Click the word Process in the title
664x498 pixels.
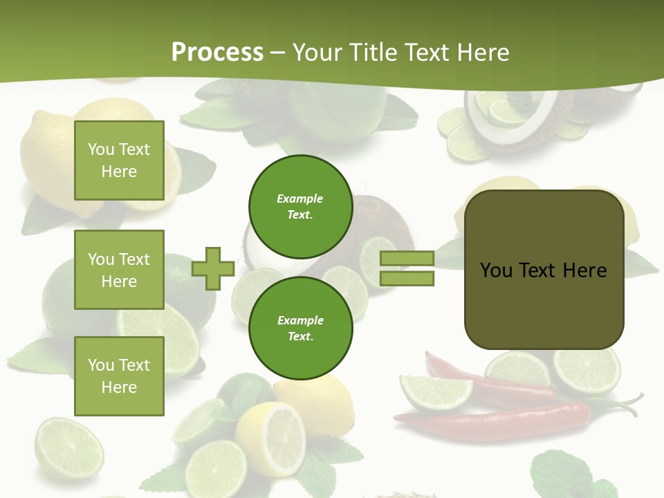coord(217,52)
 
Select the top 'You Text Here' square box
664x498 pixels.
coord(119,160)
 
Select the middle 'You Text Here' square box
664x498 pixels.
coord(119,270)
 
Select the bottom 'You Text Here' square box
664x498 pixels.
coord(119,376)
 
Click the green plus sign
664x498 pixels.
coord(213,268)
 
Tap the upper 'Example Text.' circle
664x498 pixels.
coord(300,206)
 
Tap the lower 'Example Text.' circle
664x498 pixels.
coord(300,328)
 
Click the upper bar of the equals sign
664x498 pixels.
coord(407,259)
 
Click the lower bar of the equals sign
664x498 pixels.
coord(407,279)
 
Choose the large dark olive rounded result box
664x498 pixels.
coord(544,270)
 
